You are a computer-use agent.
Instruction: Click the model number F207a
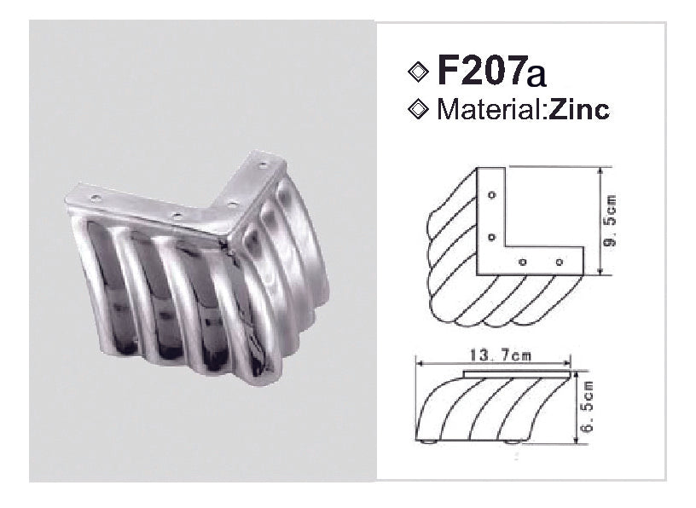pos(490,72)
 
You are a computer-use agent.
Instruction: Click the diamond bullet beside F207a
pos(418,72)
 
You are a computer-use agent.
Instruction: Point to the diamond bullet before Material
pos(418,110)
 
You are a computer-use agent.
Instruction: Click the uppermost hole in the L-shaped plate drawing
pos(492,195)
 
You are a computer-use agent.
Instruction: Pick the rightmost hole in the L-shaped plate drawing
pos(560,261)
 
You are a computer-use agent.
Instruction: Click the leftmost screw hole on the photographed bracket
pos(96,198)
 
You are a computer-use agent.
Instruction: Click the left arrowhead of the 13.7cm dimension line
pos(417,363)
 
